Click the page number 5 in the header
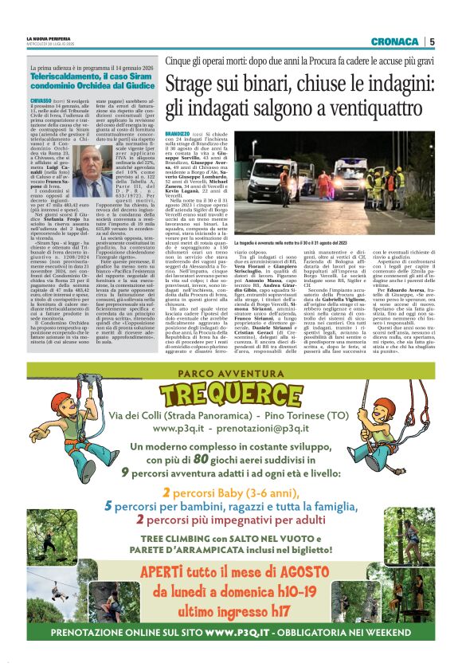click(432, 41)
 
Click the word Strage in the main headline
click(189, 82)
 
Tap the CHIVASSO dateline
click(41, 102)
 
